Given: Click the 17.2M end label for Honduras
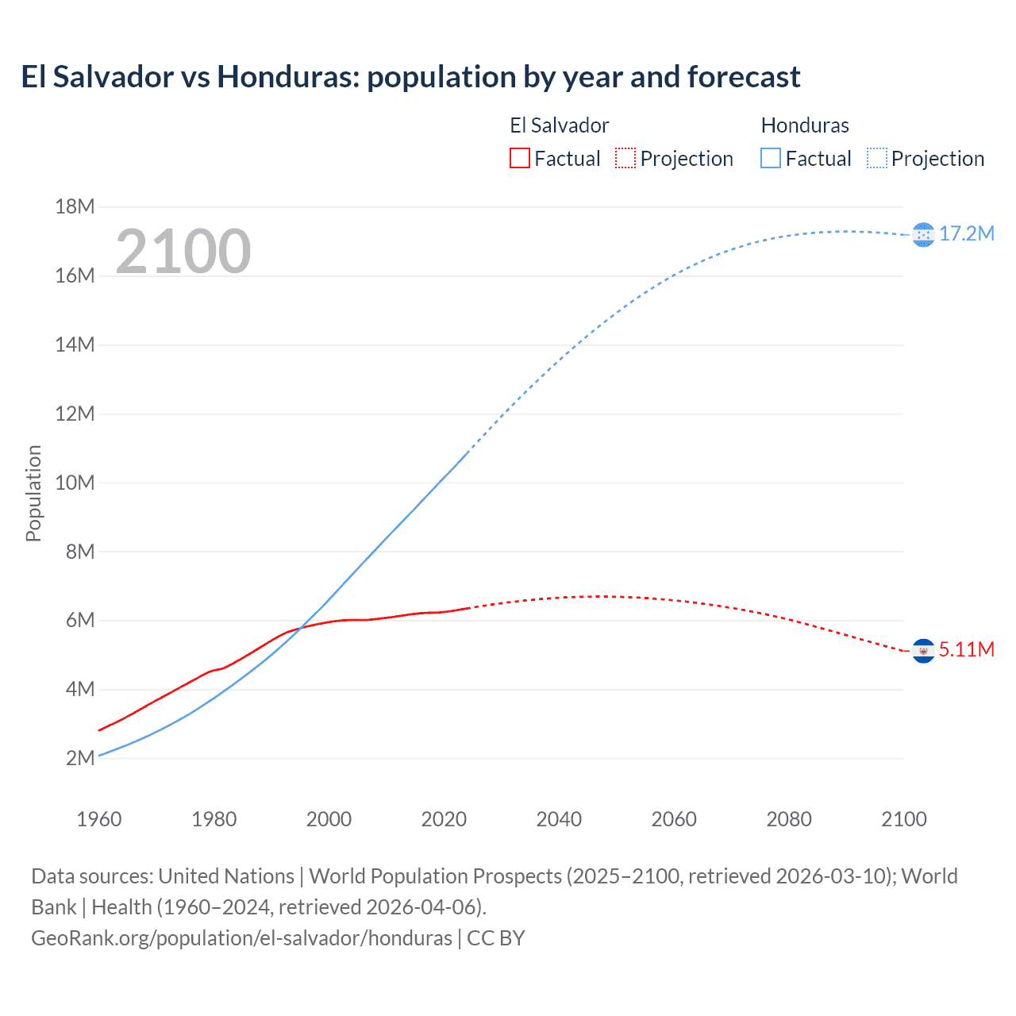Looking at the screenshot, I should [x=966, y=233].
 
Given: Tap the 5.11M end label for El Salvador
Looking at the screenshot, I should [x=966, y=649].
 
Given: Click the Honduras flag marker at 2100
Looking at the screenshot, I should [x=923, y=235].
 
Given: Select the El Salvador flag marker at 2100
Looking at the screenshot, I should [x=923, y=651].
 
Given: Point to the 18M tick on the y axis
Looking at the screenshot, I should [x=75, y=207].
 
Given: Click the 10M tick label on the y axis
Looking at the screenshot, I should [x=75, y=483].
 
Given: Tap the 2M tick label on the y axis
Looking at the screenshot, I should [x=79, y=758].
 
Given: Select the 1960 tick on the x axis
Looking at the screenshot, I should [x=99, y=819].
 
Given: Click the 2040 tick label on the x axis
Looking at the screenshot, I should [x=559, y=819].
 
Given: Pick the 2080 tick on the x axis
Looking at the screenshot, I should [x=789, y=819].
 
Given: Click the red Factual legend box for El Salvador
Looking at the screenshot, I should [x=519, y=159].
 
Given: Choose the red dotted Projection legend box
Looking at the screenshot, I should [x=625, y=159].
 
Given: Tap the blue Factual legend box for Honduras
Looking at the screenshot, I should [x=770, y=159].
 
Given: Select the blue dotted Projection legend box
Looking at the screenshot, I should [x=877, y=159].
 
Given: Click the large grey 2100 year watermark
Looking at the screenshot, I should [x=183, y=252].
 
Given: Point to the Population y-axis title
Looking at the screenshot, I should [x=33, y=493].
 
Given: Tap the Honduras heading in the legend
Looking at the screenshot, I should [x=805, y=125].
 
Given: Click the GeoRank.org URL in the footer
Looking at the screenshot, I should [x=241, y=938].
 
